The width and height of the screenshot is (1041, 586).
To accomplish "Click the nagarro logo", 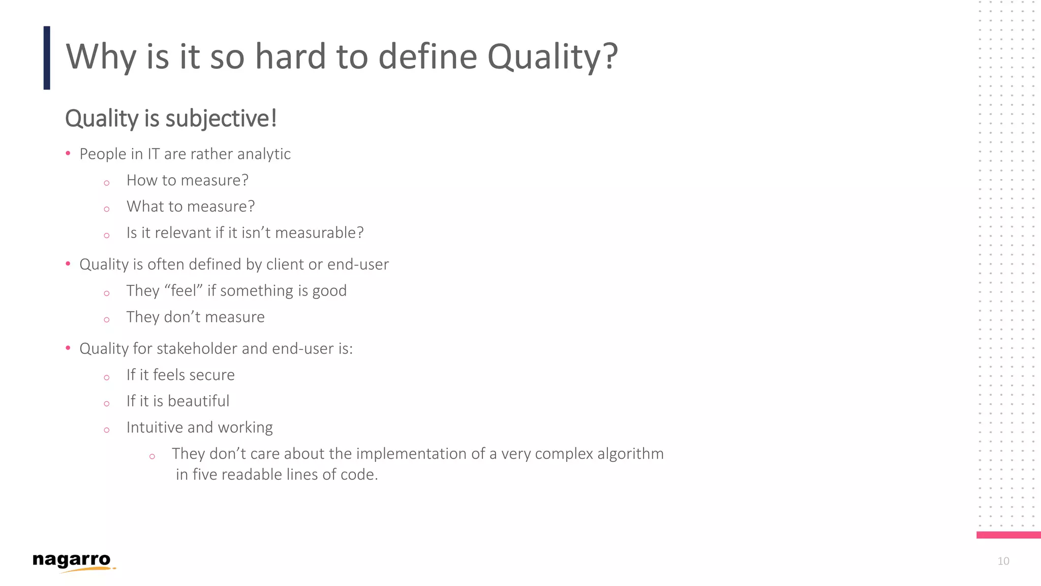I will pos(72,561).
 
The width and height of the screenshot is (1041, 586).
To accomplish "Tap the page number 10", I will pos(1003,561).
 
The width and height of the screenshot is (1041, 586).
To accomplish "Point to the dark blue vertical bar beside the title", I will pos(47,57).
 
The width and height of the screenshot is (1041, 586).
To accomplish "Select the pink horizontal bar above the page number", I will pos(1008,535).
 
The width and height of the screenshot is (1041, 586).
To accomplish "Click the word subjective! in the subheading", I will pos(221,119).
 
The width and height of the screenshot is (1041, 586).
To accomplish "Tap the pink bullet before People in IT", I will pos(68,153).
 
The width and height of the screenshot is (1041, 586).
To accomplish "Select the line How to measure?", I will pos(187,180).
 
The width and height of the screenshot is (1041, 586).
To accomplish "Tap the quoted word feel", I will pos(183,290).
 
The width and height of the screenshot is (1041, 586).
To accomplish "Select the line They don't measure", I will pos(195,317).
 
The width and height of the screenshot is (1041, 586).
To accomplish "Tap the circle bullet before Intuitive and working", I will pos(107,430).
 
